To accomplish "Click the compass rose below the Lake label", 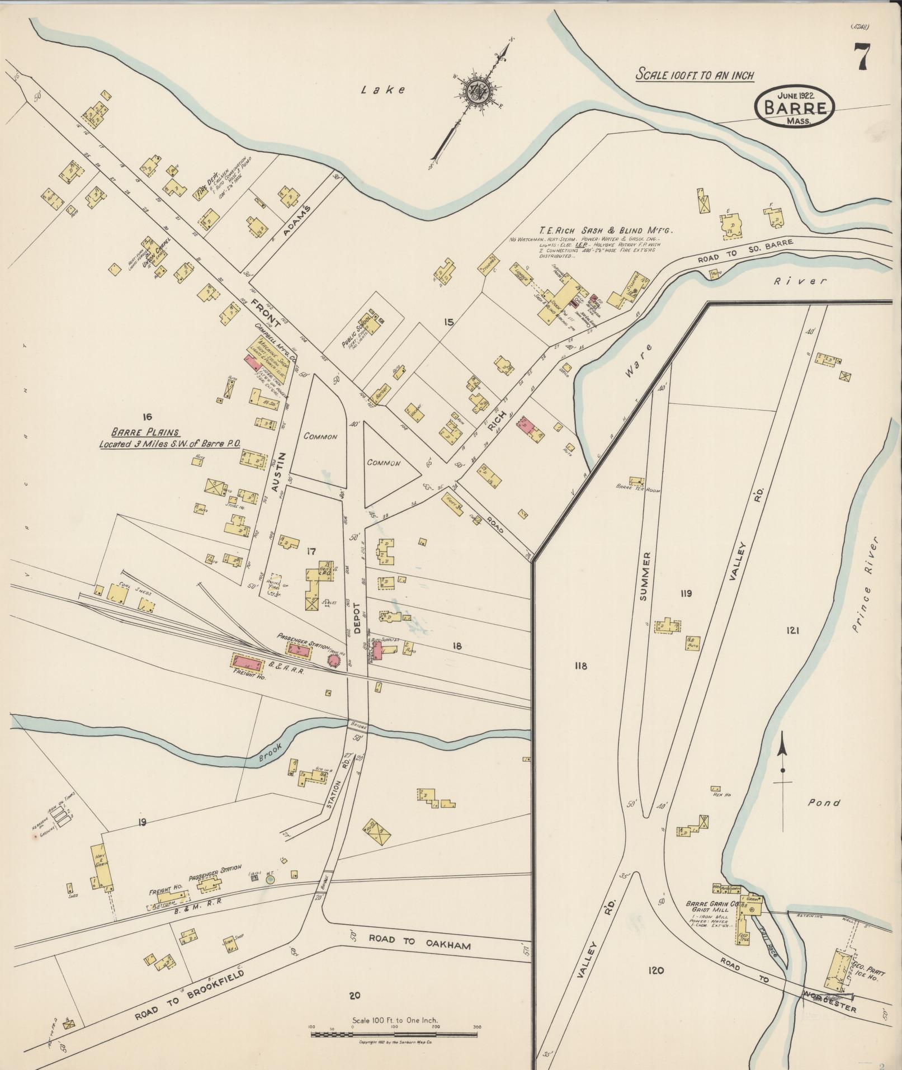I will click(x=479, y=89).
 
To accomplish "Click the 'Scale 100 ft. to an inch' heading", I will click(x=695, y=75).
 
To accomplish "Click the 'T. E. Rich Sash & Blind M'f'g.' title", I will click(x=607, y=230).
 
